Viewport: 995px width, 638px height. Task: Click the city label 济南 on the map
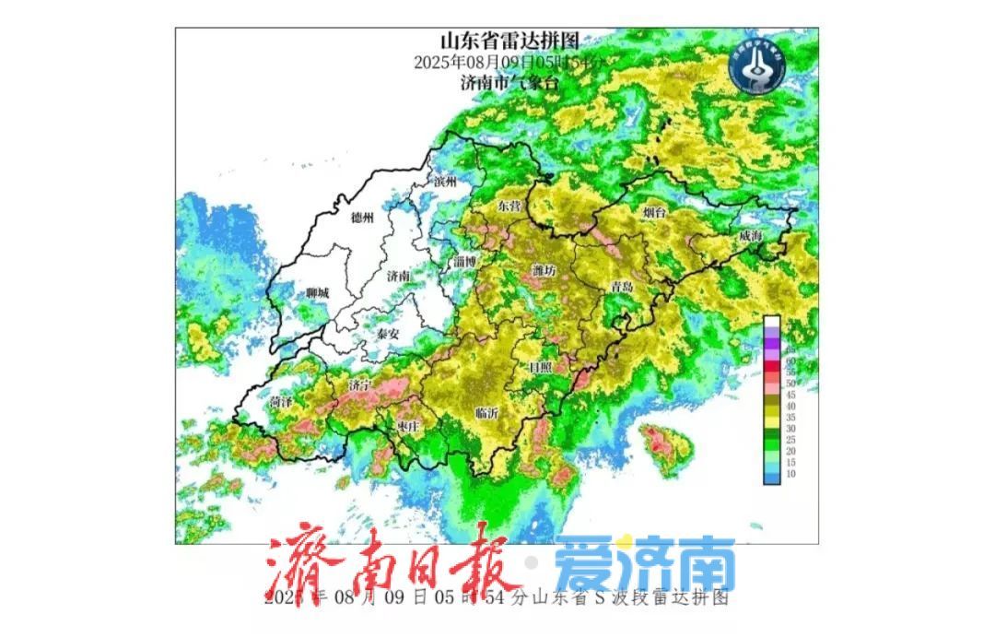[398, 276]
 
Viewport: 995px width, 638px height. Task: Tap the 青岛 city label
[622, 287]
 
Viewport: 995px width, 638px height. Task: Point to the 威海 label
[750, 237]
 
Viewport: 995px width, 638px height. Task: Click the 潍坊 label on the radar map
[544, 270]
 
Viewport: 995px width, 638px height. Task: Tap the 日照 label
[540, 366]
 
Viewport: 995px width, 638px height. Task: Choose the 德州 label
[363, 219]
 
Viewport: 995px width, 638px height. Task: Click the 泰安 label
[388, 333]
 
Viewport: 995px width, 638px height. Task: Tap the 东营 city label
[509, 205]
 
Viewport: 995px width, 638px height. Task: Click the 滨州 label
[445, 182]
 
